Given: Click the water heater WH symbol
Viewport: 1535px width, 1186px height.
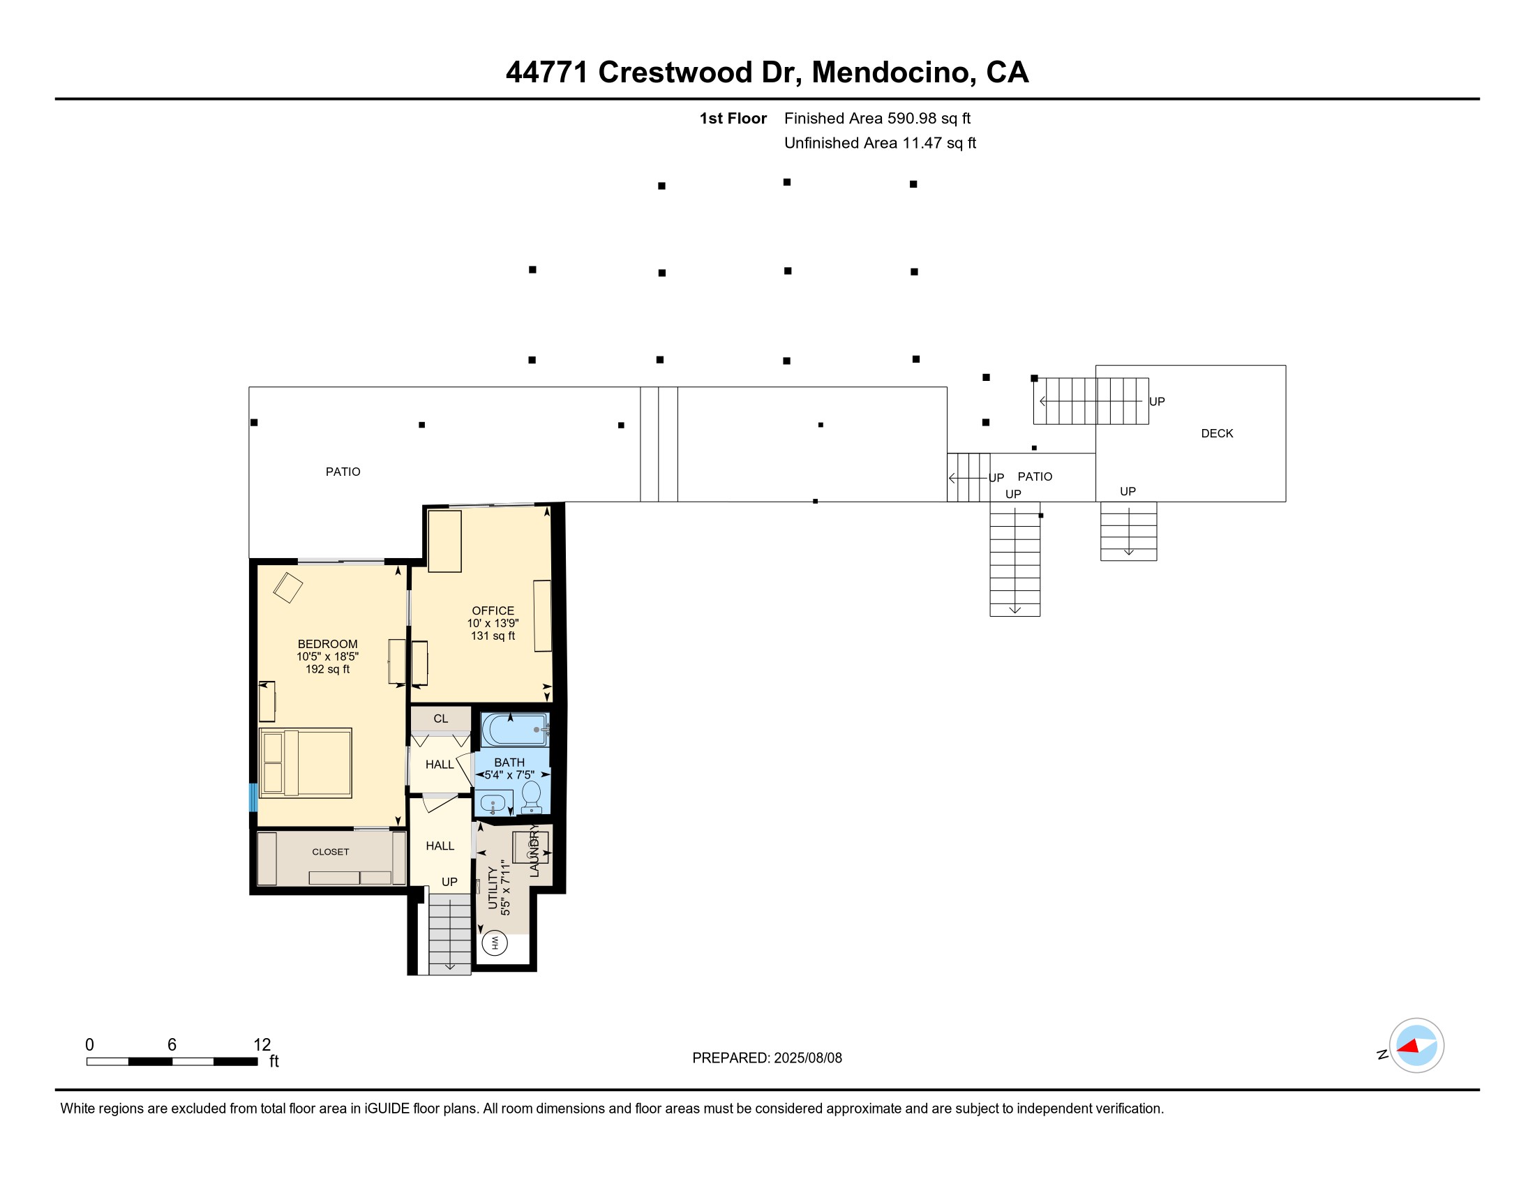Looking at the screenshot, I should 495,943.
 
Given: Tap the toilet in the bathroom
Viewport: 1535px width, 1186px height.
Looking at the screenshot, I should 532,796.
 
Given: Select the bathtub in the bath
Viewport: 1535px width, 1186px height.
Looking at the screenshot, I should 514,729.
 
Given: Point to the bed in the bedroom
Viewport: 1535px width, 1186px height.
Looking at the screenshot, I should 306,763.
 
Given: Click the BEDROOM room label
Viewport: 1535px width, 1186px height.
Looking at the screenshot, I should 327,644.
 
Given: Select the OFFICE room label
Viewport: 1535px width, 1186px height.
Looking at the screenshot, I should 493,610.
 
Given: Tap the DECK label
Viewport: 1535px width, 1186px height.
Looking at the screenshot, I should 1217,433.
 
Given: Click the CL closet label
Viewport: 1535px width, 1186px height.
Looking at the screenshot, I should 441,719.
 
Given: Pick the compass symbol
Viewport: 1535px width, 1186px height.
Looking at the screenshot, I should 1416,1046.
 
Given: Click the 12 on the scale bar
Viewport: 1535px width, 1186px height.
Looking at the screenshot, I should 262,1044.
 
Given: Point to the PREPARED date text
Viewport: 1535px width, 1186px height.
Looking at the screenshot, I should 767,1058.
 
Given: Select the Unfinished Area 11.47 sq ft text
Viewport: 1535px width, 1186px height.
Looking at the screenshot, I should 880,143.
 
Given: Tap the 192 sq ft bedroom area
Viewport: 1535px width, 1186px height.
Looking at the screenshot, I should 327,669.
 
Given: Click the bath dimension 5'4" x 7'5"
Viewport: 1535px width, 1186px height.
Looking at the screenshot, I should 509,775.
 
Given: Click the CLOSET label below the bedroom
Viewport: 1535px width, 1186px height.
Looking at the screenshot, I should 330,852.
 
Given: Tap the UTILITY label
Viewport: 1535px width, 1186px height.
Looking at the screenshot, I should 492,888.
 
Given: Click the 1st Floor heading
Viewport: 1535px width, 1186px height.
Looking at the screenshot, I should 733,119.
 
